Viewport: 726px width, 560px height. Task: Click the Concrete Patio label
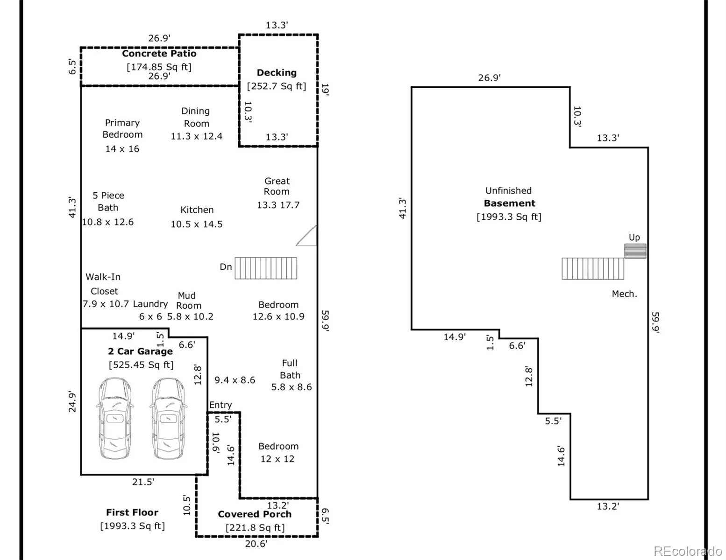click(x=159, y=54)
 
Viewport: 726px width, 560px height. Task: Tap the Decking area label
click(x=277, y=73)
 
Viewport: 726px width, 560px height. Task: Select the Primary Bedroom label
click(x=122, y=129)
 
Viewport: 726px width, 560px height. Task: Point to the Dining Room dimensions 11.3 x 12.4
click(x=196, y=136)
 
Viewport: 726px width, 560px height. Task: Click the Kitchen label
click(x=197, y=210)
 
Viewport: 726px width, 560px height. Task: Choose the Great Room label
click(x=277, y=186)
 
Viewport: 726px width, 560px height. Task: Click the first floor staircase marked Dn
click(x=265, y=268)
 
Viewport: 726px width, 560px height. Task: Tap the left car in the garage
click(x=115, y=419)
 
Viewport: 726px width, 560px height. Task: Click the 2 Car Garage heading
click(x=140, y=351)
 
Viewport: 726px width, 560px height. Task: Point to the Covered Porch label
click(x=255, y=514)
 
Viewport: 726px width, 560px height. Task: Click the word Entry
click(x=221, y=405)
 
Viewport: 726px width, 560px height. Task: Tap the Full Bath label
click(x=290, y=369)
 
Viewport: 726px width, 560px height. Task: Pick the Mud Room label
click(x=188, y=301)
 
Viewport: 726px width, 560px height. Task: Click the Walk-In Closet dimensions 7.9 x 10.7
click(x=106, y=304)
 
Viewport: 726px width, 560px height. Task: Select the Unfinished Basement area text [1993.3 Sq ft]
click(x=509, y=217)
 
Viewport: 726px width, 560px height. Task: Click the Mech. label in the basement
click(x=624, y=294)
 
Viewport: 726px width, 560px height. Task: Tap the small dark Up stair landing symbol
click(x=635, y=251)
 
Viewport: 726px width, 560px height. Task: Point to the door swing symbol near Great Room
click(x=307, y=236)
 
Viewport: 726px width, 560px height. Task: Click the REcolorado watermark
click(x=688, y=551)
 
